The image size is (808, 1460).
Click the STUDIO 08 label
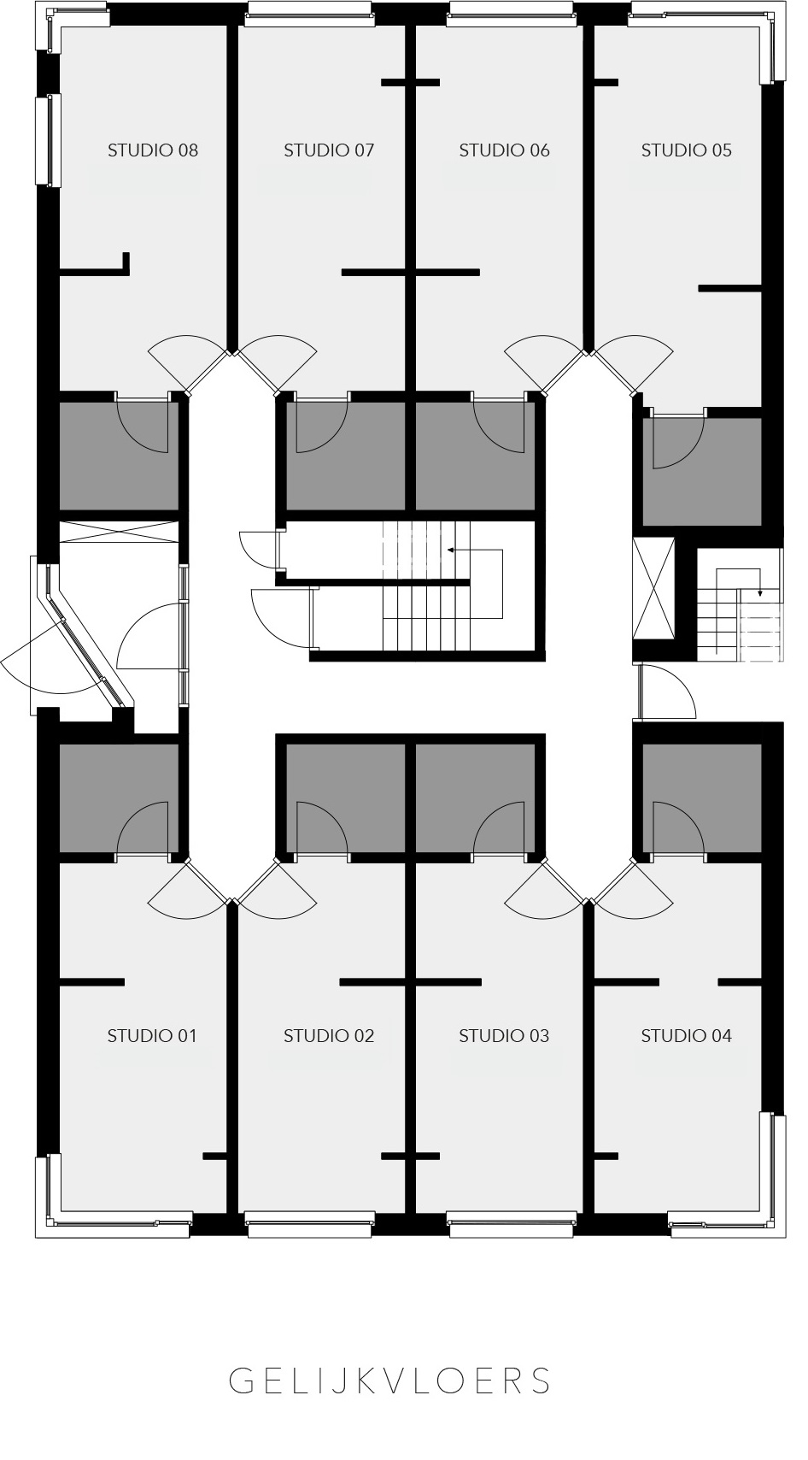(x=152, y=150)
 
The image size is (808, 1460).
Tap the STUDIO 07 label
(x=329, y=150)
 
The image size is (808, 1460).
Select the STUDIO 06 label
(x=504, y=150)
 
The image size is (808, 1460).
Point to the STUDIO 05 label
(x=686, y=150)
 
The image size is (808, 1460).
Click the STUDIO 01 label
(x=152, y=1036)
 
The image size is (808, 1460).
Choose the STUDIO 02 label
(x=329, y=1036)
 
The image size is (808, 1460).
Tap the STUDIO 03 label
(x=504, y=1036)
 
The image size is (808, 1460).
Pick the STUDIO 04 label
(x=686, y=1036)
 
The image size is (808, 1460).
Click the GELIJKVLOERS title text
(x=390, y=1381)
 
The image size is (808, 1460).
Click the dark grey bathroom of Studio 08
(x=119, y=456)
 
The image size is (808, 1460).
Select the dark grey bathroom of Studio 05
(x=702, y=471)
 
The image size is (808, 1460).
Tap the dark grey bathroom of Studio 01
(x=119, y=798)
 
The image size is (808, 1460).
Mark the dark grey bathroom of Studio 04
(x=702, y=798)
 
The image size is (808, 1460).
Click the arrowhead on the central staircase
(x=449, y=550)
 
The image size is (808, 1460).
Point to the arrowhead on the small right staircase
(x=760, y=593)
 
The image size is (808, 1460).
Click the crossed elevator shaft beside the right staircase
(x=653, y=589)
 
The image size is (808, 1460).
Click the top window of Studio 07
(x=310, y=15)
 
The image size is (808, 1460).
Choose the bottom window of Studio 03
(x=512, y=1225)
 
